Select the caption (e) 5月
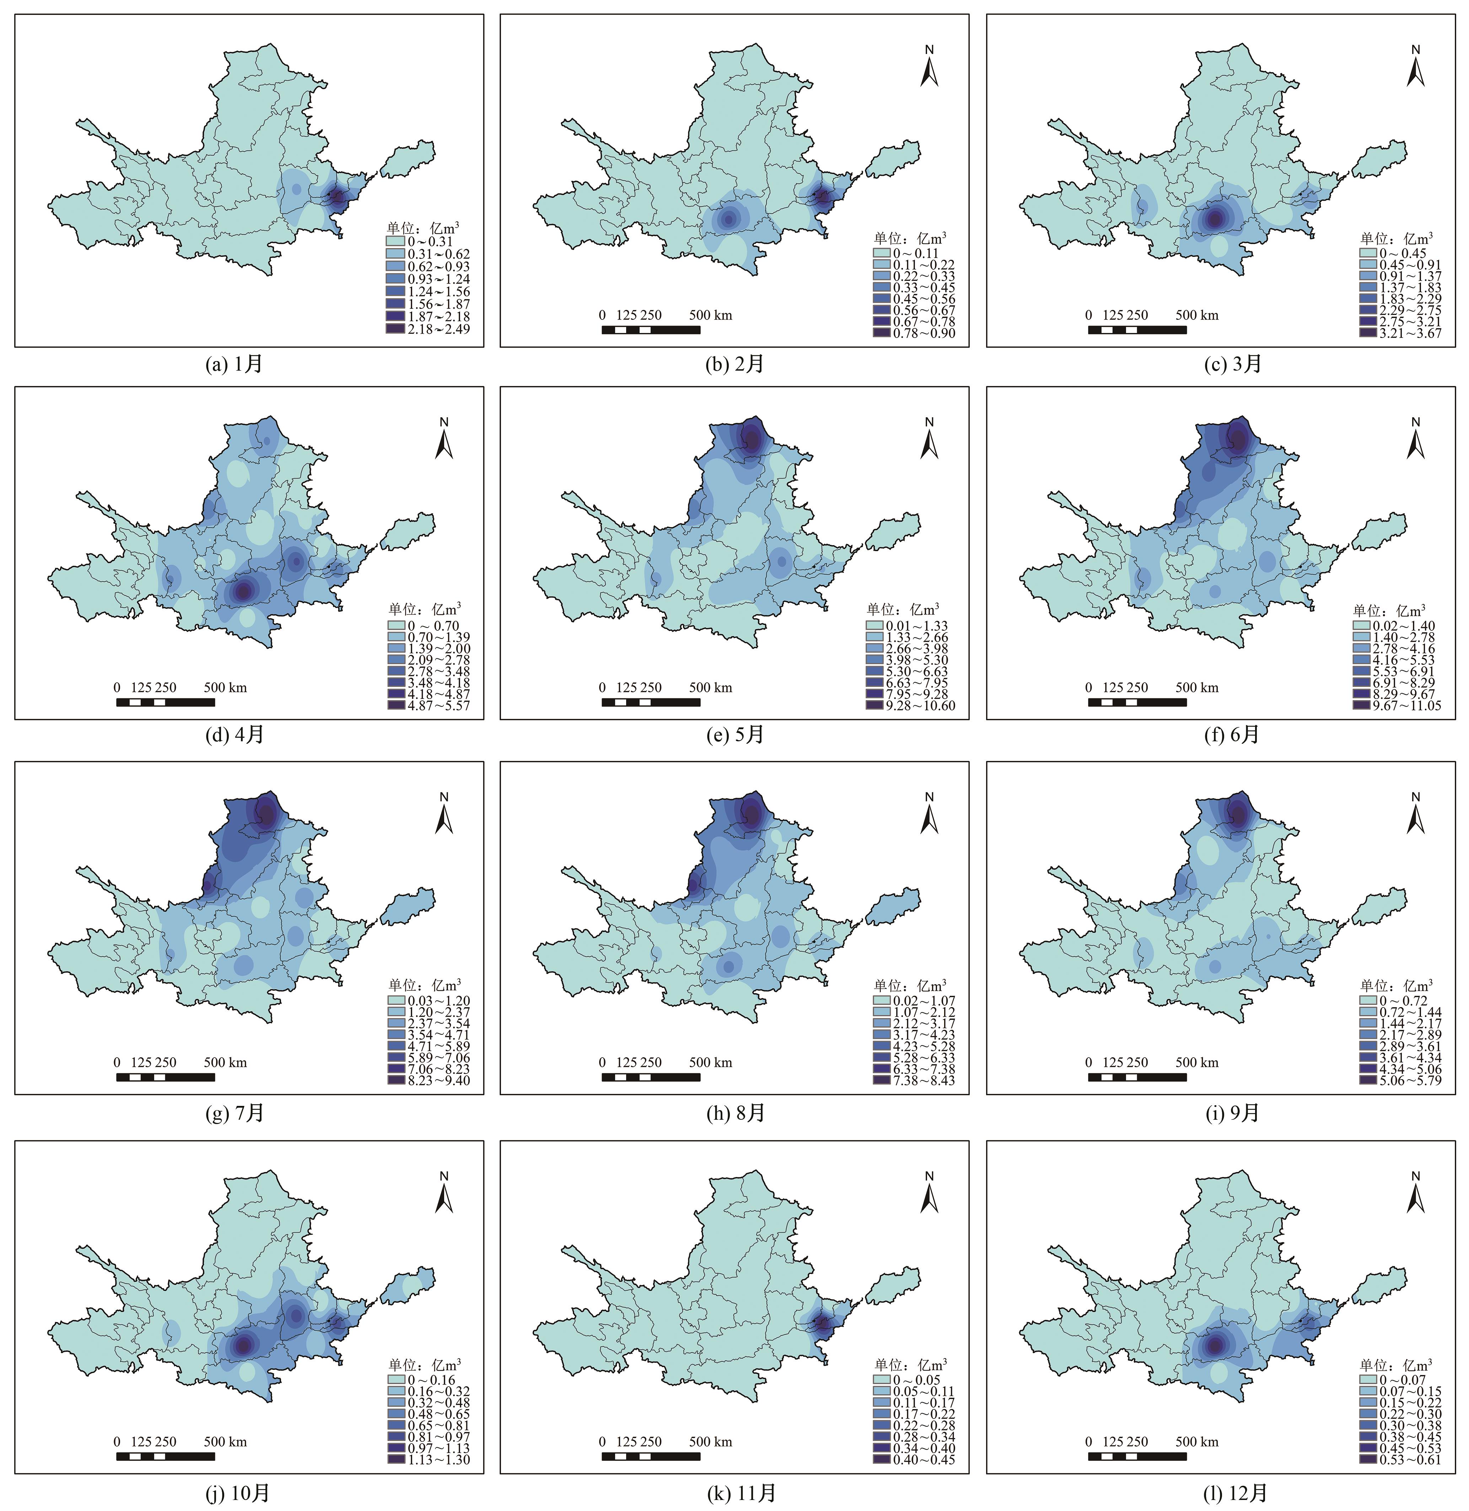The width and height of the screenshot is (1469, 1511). point(734,736)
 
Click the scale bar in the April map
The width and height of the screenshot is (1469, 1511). point(165,702)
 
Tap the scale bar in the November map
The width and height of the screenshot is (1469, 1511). point(650,1456)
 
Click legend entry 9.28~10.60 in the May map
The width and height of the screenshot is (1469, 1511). point(910,705)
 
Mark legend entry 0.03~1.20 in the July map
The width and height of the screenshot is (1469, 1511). point(428,1000)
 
